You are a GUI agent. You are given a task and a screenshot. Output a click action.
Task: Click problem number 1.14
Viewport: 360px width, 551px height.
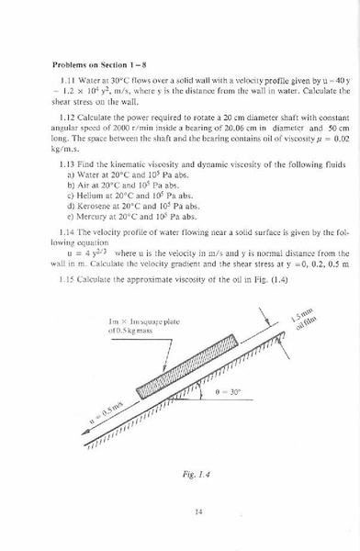[x=67, y=234]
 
